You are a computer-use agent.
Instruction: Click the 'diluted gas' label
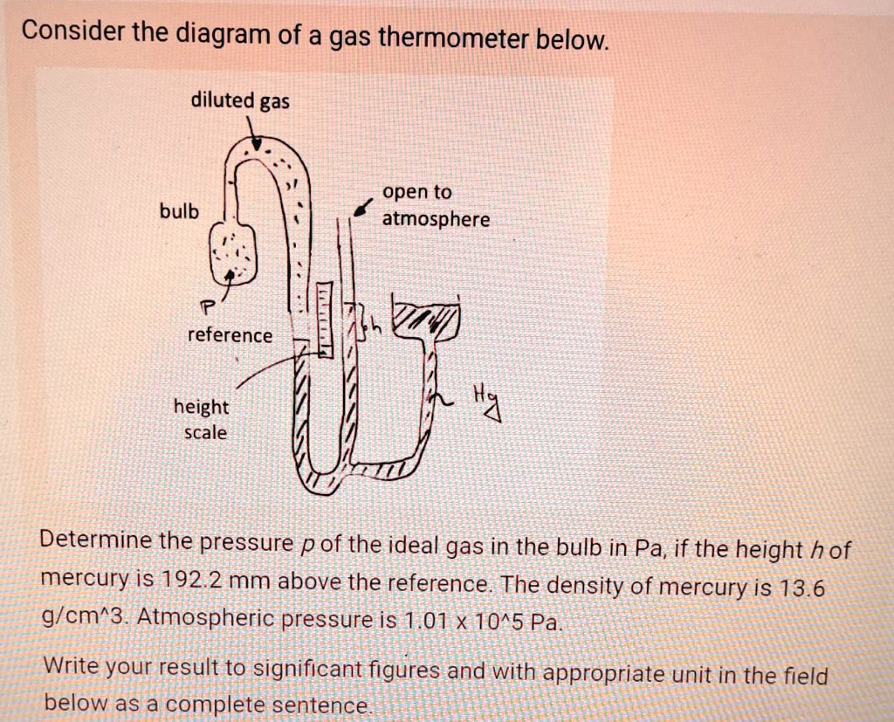click(x=240, y=100)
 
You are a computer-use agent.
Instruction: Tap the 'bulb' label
click(x=178, y=212)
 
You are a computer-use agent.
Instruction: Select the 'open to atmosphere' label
click(x=435, y=205)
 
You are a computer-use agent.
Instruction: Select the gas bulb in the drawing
click(x=231, y=253)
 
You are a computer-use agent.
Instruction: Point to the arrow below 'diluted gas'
click(x=252, y=134)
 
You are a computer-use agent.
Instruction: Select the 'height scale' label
click(x=201, y=419)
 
